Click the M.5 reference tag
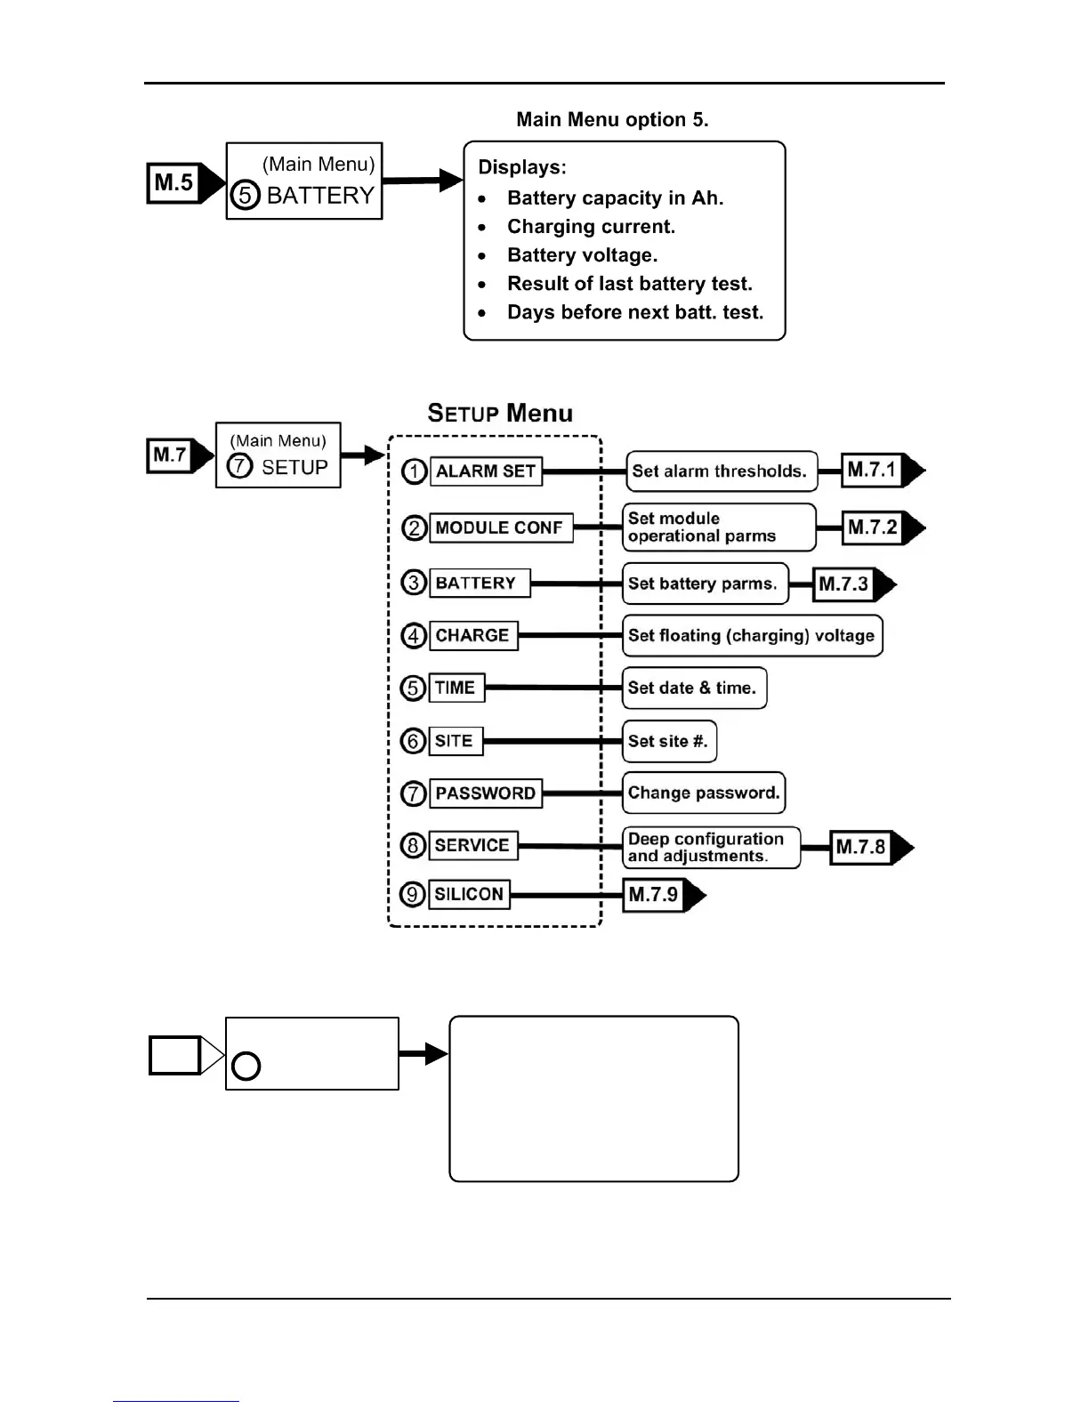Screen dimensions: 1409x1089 (174, 183)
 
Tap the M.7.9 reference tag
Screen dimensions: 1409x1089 (654, 894)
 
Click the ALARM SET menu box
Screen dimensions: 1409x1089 (486, 471)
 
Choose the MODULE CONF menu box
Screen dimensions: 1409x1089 (500, 527)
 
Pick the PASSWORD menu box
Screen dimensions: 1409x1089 (486, 793)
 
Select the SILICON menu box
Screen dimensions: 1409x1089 (469, 894)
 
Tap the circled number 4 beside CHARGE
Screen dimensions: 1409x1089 (414, 636)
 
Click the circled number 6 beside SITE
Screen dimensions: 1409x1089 (414, 741)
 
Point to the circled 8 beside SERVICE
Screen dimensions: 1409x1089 (414, 845)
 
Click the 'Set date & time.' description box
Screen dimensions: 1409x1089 (693, 688)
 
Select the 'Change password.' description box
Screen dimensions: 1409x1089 (704, 793)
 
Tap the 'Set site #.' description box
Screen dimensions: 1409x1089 (669, 741)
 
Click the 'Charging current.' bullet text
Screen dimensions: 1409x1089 (591, 227)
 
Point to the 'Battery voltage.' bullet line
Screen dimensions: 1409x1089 (582, 255)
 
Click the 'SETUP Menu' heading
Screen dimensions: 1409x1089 (500, 413)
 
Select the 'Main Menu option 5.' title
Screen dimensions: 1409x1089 (612, 120)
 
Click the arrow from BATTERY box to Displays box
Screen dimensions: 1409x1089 (422, 181)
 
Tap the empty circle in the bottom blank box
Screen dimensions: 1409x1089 (246, 1066)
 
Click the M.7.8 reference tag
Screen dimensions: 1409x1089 (861, 847)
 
